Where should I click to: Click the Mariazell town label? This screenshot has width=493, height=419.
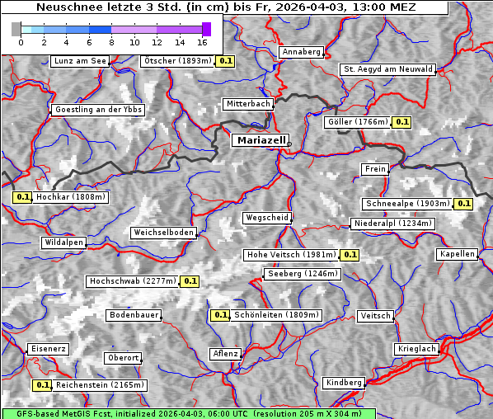coord(261,140)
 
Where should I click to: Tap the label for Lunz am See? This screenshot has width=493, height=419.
coord(79,61)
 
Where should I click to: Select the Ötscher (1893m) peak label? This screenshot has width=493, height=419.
coord(177,61)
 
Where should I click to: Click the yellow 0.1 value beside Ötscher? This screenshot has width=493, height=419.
coord(226,61)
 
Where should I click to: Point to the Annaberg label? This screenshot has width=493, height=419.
coord(301,52)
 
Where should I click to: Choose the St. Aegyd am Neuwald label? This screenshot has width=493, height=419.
coord(387,69)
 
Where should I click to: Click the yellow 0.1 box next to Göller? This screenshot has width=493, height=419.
coord(401,122)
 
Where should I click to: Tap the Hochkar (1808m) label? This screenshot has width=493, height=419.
coord(71,197)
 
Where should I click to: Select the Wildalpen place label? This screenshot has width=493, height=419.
coord(63,242)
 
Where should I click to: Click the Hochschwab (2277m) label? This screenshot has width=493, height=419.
coord(132,281)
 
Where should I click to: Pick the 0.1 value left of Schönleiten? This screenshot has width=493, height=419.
coord(220,315)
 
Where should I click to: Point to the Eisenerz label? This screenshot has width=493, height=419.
coord(48,349)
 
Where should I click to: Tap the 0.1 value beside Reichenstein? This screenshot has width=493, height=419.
coord(42,385)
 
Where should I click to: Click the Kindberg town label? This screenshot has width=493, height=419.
coord(344,383)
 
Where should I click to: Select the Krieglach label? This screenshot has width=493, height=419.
coord(416,349)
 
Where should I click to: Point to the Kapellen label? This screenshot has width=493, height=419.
coord(458,254)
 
